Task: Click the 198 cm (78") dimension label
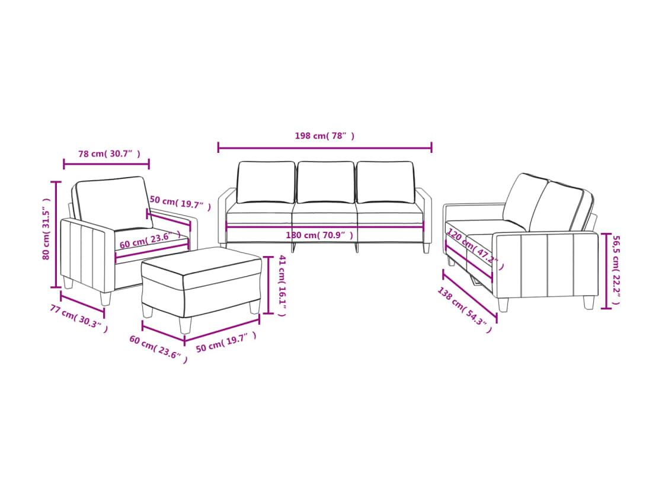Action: [324, 136]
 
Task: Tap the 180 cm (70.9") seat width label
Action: [319, 235]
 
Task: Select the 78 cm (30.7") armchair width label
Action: [109, 153]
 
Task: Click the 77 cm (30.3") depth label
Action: [79, 318]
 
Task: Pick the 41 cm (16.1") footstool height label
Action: [282, 286]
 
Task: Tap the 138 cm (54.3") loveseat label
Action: [465, 310]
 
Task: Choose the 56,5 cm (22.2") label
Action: [615, 270]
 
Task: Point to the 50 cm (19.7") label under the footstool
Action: [226, 341]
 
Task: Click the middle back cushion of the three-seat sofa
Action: [326, 183]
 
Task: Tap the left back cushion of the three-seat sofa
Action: [266, 183]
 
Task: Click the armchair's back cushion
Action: [113, 203]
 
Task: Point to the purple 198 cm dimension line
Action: [325, 148]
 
